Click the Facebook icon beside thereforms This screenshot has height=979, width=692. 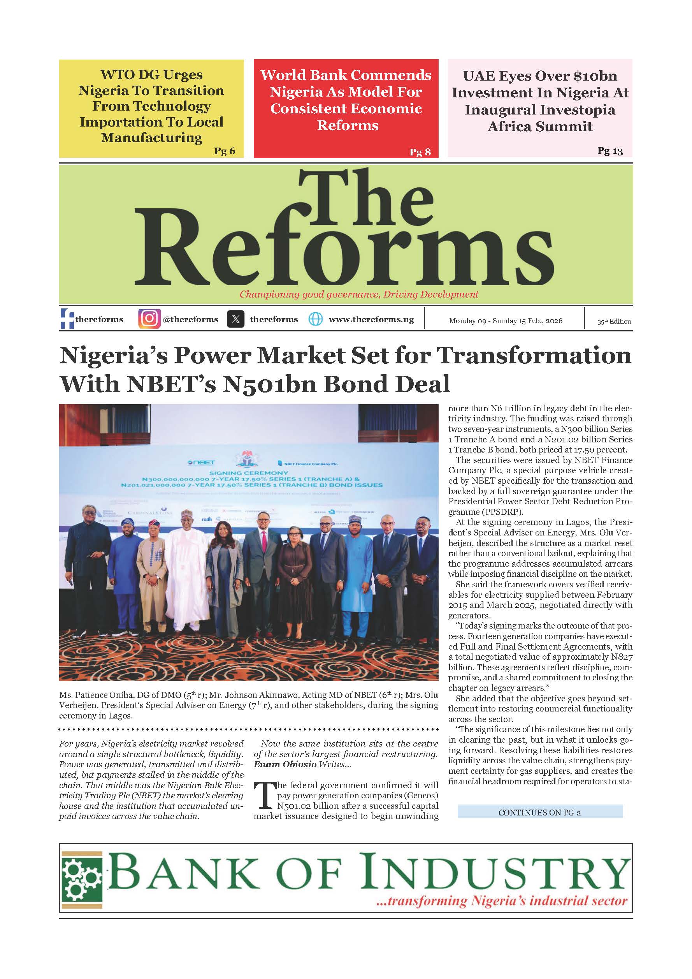coord(67,319)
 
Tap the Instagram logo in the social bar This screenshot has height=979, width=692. coord(149,319)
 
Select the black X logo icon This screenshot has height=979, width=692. coord(235,319)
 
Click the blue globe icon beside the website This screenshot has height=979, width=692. coord(315,319)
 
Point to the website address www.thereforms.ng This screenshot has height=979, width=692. coord(371,319)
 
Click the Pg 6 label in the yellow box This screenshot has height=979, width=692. coord(225,151)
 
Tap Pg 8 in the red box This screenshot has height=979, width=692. coord(420,152)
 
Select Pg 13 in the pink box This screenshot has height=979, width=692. coord(610,151)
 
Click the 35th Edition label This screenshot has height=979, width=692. coord(614,322)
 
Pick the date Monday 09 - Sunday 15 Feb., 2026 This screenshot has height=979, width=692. coord(505,320)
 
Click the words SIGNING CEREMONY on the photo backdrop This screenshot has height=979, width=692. coord(249,473)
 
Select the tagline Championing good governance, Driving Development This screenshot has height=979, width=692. coord(359,294)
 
